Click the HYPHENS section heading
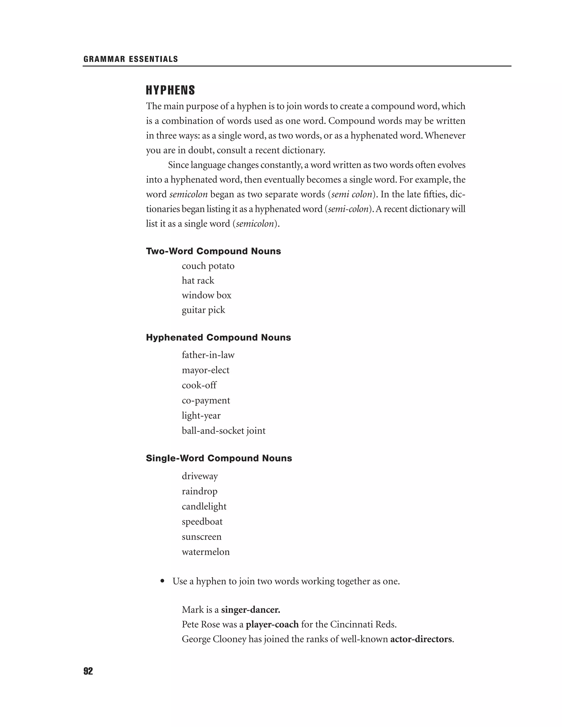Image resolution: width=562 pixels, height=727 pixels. point(170,90)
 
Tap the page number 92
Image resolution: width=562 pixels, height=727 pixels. point(88,671)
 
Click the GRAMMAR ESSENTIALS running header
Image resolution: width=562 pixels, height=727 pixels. point(131,59)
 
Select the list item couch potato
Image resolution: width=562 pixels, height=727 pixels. point(208,266)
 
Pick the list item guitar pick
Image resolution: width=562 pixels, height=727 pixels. point(203,310)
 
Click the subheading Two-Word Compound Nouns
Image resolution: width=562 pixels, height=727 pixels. point(213,251)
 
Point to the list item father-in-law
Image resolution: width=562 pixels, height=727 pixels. point(208,355)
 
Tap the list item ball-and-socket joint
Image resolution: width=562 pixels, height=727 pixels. point(223,430)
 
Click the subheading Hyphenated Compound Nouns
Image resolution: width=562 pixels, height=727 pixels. point(218,337)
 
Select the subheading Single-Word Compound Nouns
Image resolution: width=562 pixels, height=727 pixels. point(219,458)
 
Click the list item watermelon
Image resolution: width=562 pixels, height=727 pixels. point(206,552)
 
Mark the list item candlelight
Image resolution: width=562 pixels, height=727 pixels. point(204,506)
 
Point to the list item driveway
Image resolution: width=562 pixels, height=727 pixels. point(200,476)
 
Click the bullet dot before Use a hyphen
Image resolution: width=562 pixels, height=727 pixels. point(162,581)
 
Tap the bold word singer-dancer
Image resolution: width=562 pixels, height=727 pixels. point(250,610)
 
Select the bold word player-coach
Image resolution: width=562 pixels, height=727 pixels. point(272,624)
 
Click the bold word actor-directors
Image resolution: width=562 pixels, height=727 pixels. point(421,639)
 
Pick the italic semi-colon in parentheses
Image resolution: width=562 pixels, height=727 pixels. point(348,209)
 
